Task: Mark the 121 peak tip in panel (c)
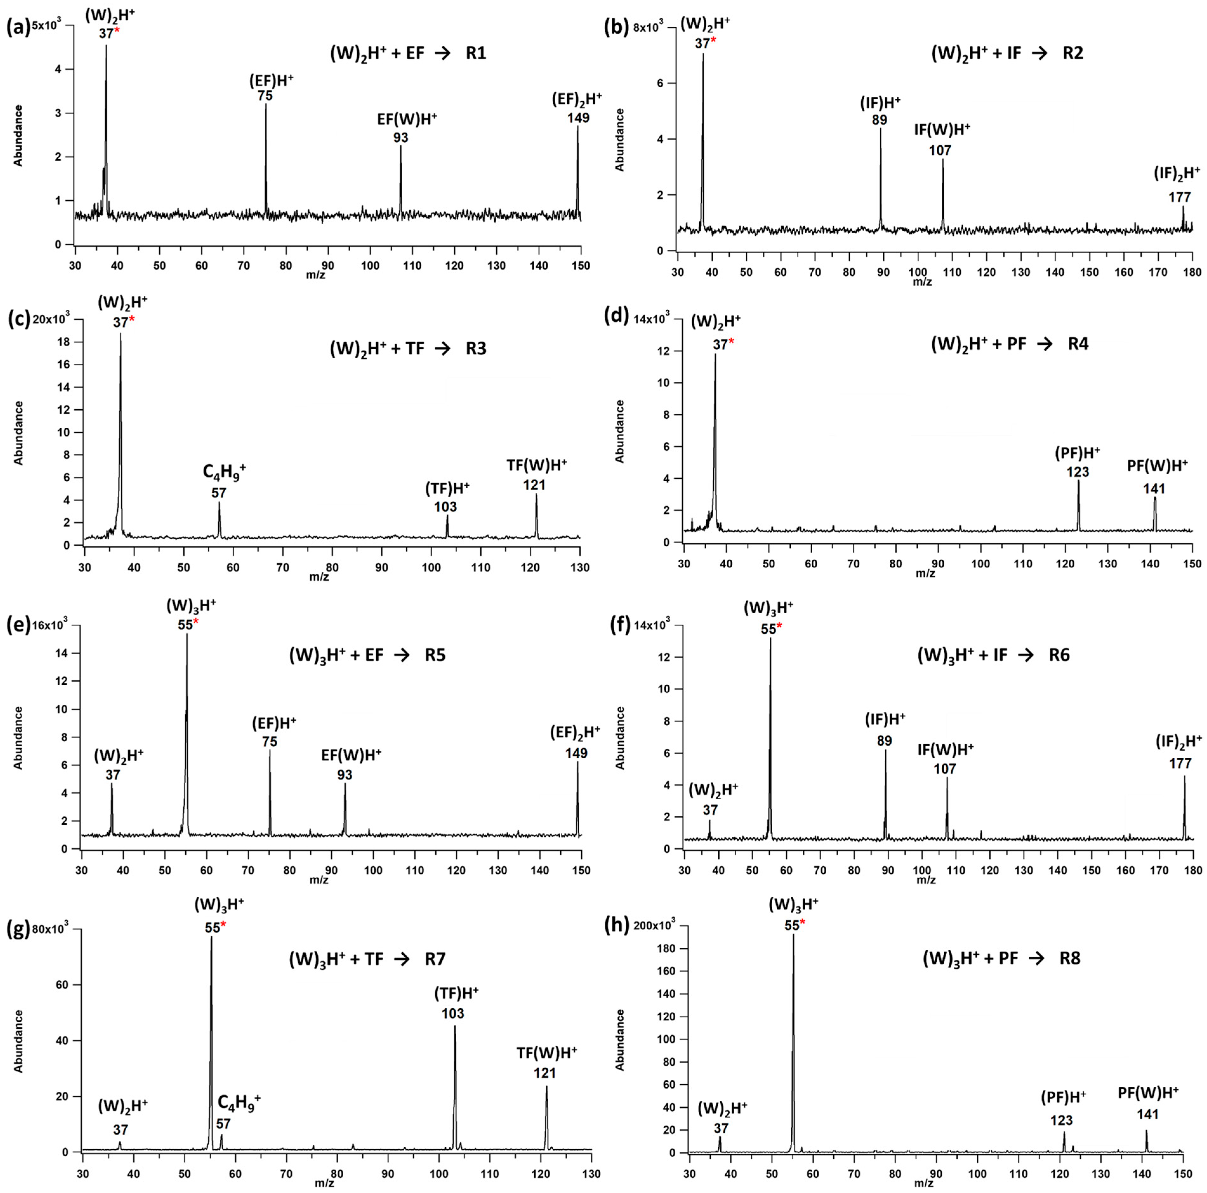(536, 495)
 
